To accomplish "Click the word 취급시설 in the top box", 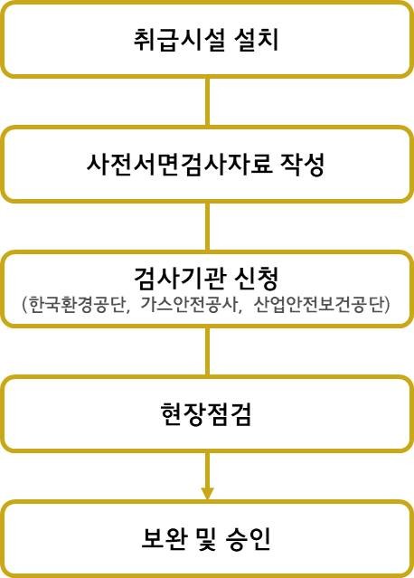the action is [x=179, y=39].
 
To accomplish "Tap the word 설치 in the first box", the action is [x=256, y=39].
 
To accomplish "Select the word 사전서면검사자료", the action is [x=179, y=164].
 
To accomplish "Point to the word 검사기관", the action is [x=179, y=278].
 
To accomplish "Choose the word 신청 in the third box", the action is [x=256, y=278].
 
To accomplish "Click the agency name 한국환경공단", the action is [x=76, y=305].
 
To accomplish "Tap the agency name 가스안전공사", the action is [x=188, y=305].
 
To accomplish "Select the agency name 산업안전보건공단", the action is [x=319, y=305].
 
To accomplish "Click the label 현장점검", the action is [x=206, y=413].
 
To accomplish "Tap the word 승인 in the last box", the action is [x=249, y=538].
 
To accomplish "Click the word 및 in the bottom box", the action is [x=206, y=538].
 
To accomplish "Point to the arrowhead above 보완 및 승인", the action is [x=207, y=494].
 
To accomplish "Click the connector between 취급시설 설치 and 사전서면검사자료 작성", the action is [x=207, y=101].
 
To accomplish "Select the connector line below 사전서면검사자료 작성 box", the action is [x=207, y=227].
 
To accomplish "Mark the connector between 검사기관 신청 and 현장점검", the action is [x=207, y=352].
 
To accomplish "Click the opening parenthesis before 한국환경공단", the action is [x=24, y=305].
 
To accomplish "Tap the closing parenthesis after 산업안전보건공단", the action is [x=387, y=305].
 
